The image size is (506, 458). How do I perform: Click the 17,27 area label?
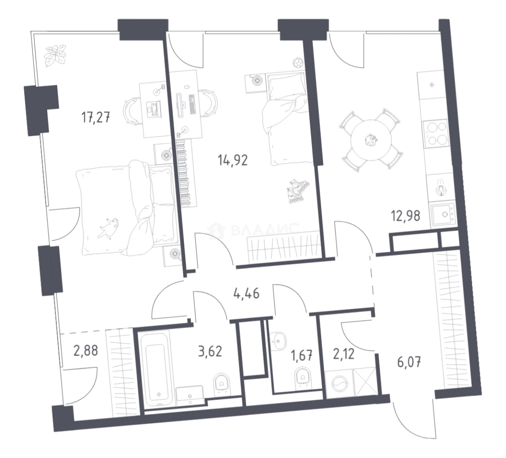(x=95, y=117)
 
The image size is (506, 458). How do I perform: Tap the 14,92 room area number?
(x=233, y=160)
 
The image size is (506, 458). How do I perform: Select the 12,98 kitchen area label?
(x=406, y=215)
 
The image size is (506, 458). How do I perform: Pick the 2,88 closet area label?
(x=86, y=350)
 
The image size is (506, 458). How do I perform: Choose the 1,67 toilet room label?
(x=302, y=356)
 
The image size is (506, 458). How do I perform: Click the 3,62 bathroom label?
(x=210, y=351)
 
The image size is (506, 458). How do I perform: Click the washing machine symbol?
(x=339, y=383)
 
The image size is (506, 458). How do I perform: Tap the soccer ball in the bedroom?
(x=297, y=62)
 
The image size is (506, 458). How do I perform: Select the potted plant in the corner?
(x=56, y=56)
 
